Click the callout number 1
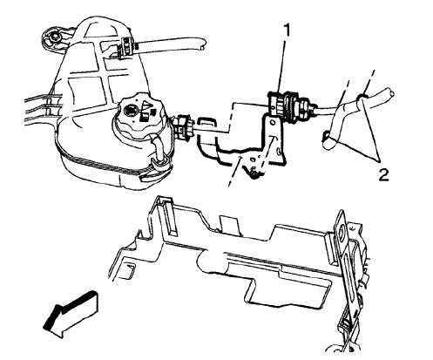point(287,31)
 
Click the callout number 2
point(383,175)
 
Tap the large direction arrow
point(71,314)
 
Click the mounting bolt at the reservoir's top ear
point(53,36)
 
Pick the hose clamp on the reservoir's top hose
point(125,46)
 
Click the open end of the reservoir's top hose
point(203,44)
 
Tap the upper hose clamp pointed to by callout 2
point(361,98)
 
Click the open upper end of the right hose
point(391,92)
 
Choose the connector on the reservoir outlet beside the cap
point(182,127)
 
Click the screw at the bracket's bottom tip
point(254,173)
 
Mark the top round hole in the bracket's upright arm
point(272,122)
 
